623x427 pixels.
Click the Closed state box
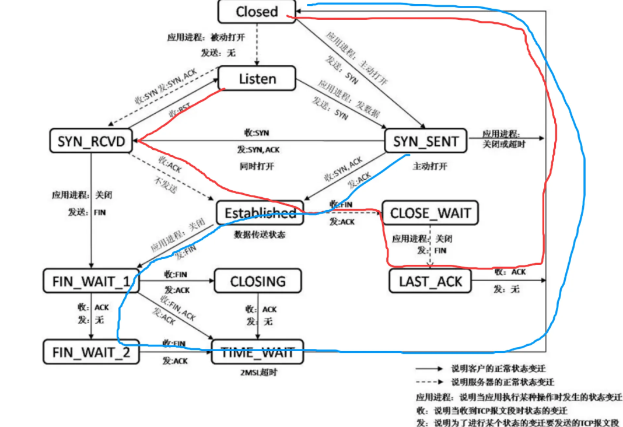[257, 12]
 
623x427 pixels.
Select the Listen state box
[257, 79]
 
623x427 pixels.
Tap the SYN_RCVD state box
[92, 141]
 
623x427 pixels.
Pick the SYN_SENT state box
[426, 141]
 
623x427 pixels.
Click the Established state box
[260, 213]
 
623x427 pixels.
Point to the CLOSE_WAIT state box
[430, 213]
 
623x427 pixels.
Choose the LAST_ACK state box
[430, 282]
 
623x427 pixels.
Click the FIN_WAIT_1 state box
[91, 282]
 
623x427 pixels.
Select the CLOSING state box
[258, 282]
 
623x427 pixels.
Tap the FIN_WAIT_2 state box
[91, 352]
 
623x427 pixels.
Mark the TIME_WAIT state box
[258, 352]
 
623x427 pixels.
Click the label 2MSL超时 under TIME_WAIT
[257, 372]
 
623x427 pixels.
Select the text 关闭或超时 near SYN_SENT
[503, 143]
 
